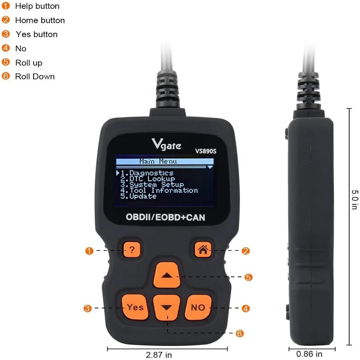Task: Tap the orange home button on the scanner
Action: coord(202,250)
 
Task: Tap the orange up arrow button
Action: coord(168,276)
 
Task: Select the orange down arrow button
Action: coord(168,308)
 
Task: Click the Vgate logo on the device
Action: coord(166,144)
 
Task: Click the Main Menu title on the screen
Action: coord(158,161)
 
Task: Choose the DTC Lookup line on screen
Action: coord(148,179)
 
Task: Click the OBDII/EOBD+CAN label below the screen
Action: coord(165,218)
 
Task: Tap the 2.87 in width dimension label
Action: coord(158,354)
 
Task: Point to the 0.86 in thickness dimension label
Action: coord(309,354)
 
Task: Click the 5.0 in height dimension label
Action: coord(354,200)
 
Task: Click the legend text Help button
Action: coord(37,6)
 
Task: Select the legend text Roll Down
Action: coord(35,76)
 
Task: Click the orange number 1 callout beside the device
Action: coord(89,251)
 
